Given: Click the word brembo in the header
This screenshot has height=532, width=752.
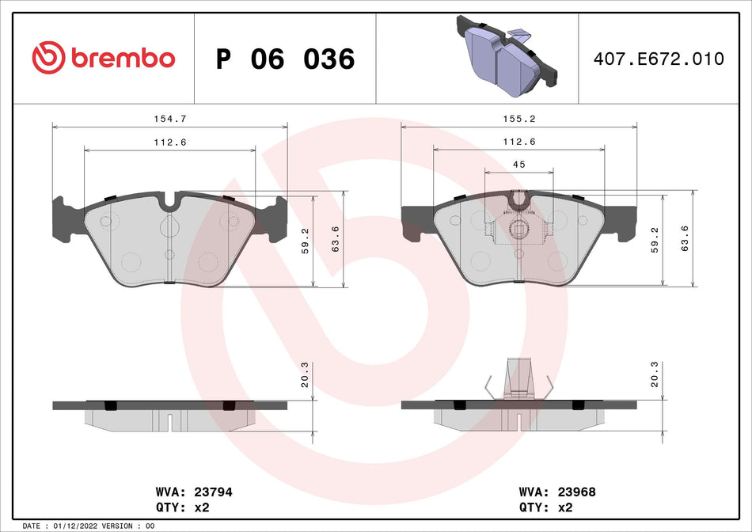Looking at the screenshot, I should [x=122, y=59].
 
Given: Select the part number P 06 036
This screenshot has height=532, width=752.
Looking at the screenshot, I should [x=285, y=59].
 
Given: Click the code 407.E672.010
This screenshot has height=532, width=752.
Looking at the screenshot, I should [x=659, y=59].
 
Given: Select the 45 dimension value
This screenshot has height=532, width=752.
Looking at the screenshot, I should [x=519, y=164].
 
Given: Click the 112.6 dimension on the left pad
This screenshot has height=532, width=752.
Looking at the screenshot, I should [x=169, y=142].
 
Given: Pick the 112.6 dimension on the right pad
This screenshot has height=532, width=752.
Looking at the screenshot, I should [x=520, y=142].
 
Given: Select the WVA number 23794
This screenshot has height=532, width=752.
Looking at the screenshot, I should [x=215, y=492].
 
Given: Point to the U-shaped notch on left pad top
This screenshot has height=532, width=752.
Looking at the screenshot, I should [x=169, y=203].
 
